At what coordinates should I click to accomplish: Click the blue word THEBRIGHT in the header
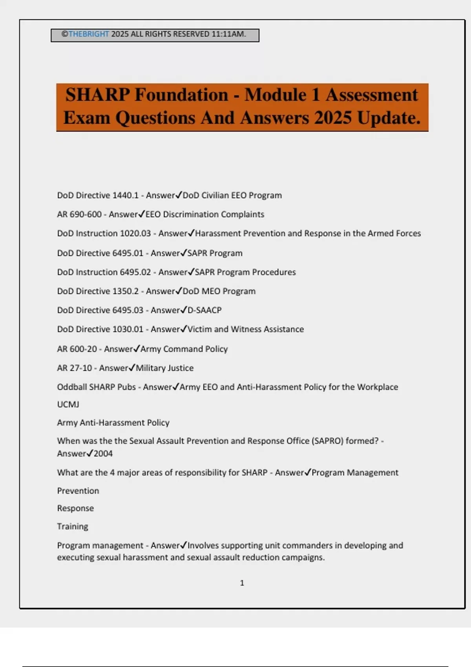(x=89, y=34)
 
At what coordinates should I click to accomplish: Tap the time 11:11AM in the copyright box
(x=228, y=34)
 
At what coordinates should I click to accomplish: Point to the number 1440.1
(x=126, y=195)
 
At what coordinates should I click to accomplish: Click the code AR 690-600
(x=79, y=215)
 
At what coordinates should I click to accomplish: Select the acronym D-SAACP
(x=204, y=310)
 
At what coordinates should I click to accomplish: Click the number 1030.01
(x=128, y=329)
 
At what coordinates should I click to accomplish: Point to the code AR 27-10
(x=75, y=368)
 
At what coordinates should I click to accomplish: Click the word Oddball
(x=72, y=387)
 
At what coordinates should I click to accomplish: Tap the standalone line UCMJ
(x=68, y=405)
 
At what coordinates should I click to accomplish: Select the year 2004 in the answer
(x=103, y=454)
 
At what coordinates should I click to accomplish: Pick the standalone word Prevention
(x=78, y=491)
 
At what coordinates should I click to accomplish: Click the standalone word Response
(x=75, y=508)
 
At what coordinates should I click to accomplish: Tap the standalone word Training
(x=73, y=527)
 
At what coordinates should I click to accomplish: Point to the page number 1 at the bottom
(x=242, y=583)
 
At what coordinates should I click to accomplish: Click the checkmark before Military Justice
(x=132, y=368)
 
